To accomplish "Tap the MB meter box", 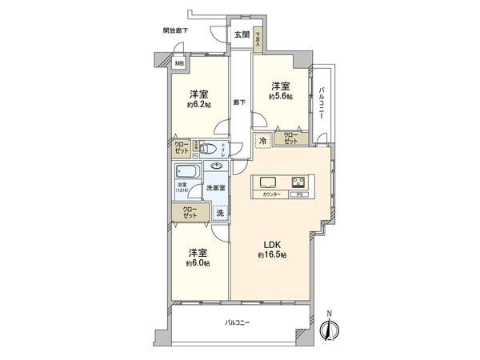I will pyautogui.click(x=180, y=64).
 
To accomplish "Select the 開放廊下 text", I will pyautogui.click(x=175, y=30).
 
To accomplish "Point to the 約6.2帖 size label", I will pyautogui.click(x=200, y=105).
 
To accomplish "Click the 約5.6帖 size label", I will pyautogui.click(x=280, y=96).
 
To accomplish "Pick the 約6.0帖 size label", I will pyautogui.click(x=198, y=262).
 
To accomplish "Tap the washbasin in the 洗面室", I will pyautogui.click(x=217, y=166).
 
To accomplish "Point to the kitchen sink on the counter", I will pyautogui.click(x=268, y=181).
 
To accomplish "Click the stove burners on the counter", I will pyautogui.click(x=299, y=181).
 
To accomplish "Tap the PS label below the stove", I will pyautogui.click(x=299, y=194).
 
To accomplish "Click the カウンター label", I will pyautogui.click(x=269, y=194).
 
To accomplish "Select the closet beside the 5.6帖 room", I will pyautogui.click(x=289, y=138).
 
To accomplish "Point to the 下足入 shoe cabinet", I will pyautogui.click(x=258, y=38).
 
